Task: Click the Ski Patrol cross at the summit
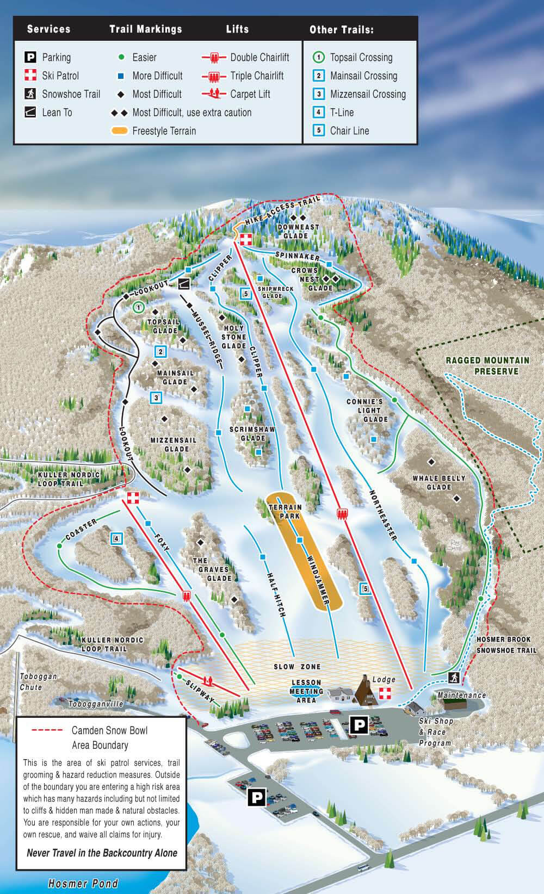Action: tap(246, 240)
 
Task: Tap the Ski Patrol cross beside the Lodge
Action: tap(385, 693)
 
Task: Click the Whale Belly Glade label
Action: tap(439, 482)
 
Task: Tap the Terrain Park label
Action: tap(286, 511)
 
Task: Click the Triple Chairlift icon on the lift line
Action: tap(342, 514)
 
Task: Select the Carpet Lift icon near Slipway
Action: tap(207, 680)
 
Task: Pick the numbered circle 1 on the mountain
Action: tap(138, 307)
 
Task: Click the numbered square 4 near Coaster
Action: tap(116, 539)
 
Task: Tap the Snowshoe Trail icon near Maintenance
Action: tap(454, 678)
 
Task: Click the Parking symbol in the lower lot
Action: tap(256, 797)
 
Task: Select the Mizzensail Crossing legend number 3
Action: tap(319, 94)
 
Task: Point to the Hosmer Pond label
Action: tap(83, 884)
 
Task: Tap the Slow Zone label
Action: tap(297, 667)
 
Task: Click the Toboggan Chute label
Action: tap(39, 682)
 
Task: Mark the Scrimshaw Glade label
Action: tap(252, 433)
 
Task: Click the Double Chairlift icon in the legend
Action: tap(214, 58)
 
